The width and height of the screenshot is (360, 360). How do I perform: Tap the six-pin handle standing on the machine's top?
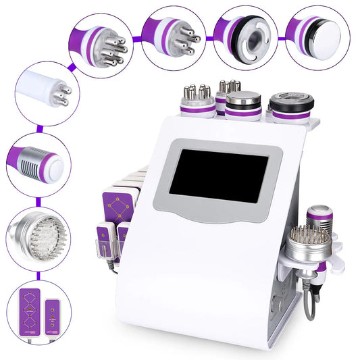pyautogui.click(x=198, y=100)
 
